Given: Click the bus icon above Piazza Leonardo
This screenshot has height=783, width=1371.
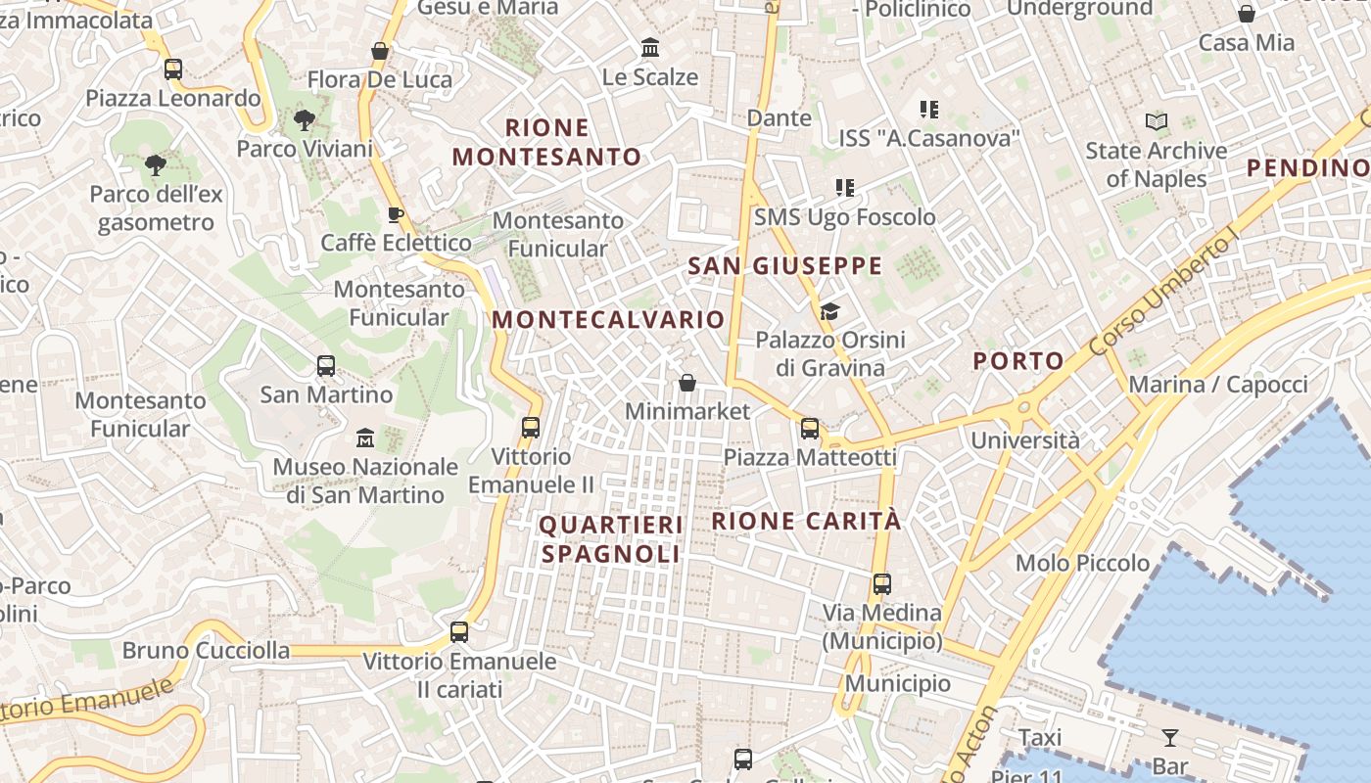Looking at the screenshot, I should [173, 69].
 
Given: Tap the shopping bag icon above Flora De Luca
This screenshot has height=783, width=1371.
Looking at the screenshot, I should [380, 51].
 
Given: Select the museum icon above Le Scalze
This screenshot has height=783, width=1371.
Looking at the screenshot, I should [650, 48].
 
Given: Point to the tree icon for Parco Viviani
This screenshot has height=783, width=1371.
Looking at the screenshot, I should [305, 120].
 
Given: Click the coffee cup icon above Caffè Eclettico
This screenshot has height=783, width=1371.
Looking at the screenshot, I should [396, 214].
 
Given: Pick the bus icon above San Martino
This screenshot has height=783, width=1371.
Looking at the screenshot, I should [326, 366].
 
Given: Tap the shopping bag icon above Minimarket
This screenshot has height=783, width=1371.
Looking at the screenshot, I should [687, 383].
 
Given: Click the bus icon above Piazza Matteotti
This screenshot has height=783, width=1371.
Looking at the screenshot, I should [810, 428].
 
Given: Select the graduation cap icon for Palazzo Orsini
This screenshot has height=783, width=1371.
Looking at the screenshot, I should [829, 312].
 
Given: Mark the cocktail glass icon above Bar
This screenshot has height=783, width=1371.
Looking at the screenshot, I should [1170, 737].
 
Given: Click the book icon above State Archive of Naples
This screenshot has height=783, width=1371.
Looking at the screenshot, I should [1157, 122].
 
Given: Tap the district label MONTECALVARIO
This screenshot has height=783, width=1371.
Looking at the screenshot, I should [608, 320].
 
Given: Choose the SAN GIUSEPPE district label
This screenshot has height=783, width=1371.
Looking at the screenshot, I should [784, 266].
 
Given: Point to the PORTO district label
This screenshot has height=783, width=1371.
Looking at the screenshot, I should [1018, 361].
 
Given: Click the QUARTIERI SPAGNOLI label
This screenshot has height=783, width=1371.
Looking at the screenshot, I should [611, 539].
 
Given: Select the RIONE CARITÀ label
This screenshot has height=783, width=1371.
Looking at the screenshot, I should [805, 521].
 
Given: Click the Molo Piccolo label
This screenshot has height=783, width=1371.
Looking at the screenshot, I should [1082, 563].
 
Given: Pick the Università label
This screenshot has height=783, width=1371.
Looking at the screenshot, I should [1025, 440].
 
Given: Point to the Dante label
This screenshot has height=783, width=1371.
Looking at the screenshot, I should [780, 118].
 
